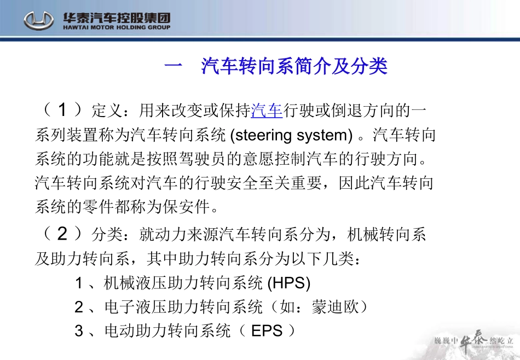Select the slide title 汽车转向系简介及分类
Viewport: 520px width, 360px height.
coord(294,66)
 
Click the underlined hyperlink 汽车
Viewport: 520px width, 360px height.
coord(267,111)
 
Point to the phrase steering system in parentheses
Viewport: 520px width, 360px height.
coord(294,135)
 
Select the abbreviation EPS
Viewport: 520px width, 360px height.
coord(267,331)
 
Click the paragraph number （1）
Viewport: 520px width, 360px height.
coord(62,111)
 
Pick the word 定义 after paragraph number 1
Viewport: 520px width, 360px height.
coord(107,111)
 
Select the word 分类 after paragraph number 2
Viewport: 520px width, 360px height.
coord(107,235)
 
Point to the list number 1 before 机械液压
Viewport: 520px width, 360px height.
coord(79,283)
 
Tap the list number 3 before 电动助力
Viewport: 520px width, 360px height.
coord(79,332)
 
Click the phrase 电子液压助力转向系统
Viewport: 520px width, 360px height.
coord(183,307)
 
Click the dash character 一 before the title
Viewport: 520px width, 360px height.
coord(173,67)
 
